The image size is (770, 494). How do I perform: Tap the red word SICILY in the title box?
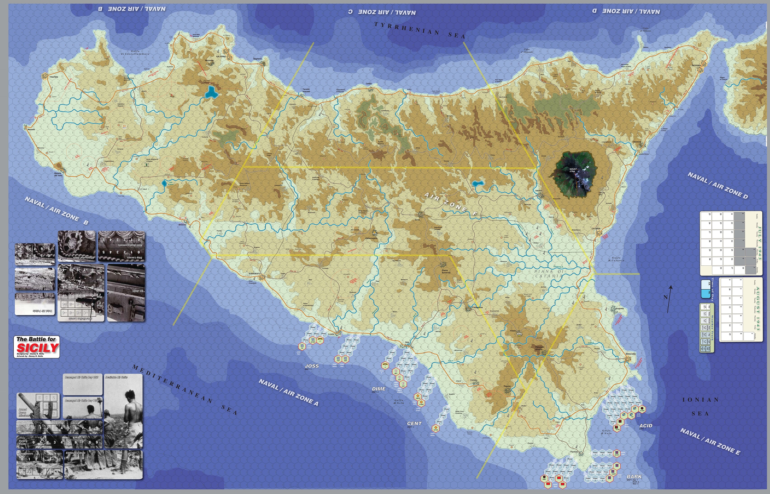tap(37, 348)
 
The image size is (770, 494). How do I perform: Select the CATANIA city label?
tap(596, 229)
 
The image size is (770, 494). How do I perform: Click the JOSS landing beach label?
tap(312, 366)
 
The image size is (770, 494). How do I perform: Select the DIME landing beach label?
tap(379, 389)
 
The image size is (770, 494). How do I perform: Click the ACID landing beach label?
tap(646, 426)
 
